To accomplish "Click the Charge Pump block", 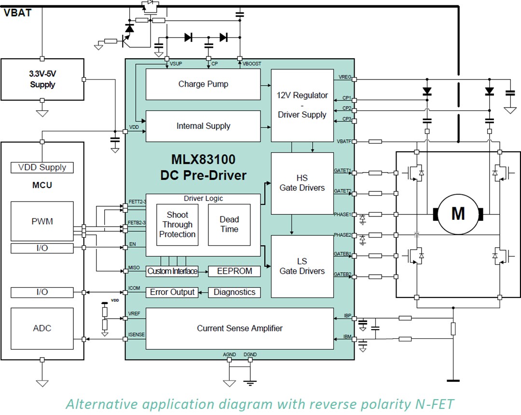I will pyautogui.click(x=203, y=84).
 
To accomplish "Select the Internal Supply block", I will pyautogui.click(x=203, y=126).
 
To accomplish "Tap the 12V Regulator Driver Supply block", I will pyautogui.click(x=302, y=106).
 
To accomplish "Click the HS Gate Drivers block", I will pyautogui.click(x=302, y=183).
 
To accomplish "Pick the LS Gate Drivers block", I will pyautogui.click(x=302, y=266).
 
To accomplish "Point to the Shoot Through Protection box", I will pyautogui.click(x=177, y=225).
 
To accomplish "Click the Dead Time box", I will pyautogui.click(x=229, y=225).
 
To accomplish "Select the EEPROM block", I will pyautogui.click(x=234, y=271).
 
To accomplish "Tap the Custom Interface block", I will pyautogui.click(x=172, y=271).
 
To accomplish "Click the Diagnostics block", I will pyautogui.click(x=234, y=292).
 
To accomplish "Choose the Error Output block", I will pyautogui.click(x=172, y=292).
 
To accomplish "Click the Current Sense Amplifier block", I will pyautogui.click(x=239, y=329).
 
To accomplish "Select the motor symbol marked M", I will pyautogui.click(x=457, y=214).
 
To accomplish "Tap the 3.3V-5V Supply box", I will pyautogui.click(x=42, y=80).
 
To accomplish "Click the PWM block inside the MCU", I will pyautogui.click(x=42, y=221).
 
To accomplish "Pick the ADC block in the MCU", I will pyautogui.click(x=42, y=328).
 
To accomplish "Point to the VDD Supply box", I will pyautogui.click(x=42, y=167).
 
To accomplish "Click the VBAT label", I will pyautogui.click(x=18, y=13).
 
